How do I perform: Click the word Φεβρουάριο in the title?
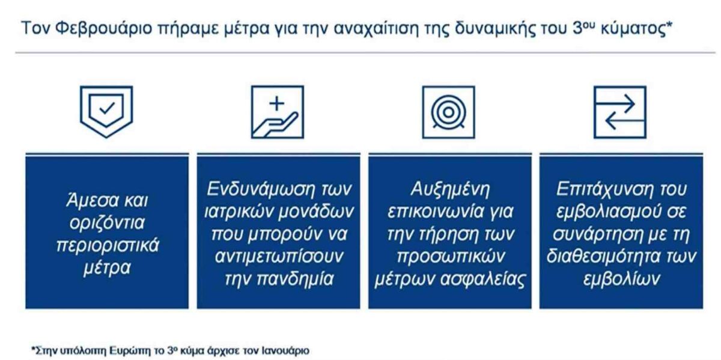[x=103, y=29]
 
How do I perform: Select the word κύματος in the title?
[x=633, y=29]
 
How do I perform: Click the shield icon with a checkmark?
[x=106, y=112]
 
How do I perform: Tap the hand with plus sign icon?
[x=278, y=112]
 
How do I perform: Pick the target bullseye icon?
[x=448, y=112]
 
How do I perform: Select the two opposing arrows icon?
[x=620, y=112]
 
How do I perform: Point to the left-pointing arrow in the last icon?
[x=625, y=121]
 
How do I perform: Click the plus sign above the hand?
[x=277, y=104]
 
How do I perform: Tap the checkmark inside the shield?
[x=107, y=109]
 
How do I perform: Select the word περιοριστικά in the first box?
[x=108, y=246]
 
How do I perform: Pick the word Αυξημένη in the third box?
[x=450, y=190]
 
